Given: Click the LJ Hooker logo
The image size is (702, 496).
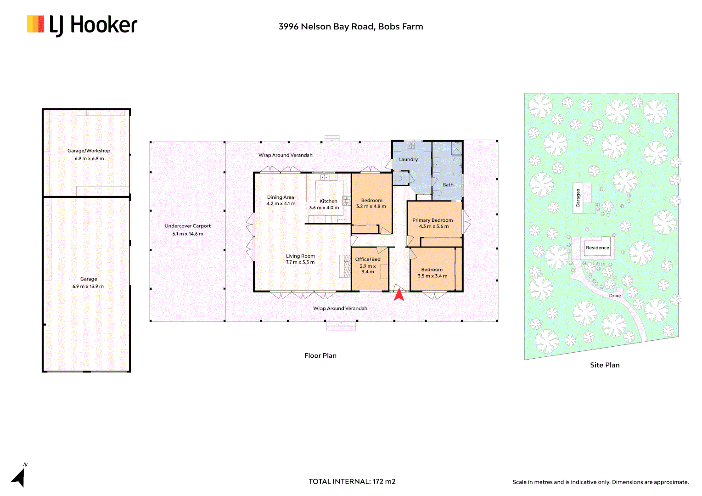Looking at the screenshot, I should click(x=82, y=25).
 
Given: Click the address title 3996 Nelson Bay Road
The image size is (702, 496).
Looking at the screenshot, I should click(x=350, y=27).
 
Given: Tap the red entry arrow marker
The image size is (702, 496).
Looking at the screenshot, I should click(x=399, y=294).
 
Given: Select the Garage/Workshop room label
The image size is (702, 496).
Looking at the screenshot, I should click(x=89, y=151).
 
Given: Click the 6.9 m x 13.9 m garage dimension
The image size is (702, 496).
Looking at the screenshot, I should click(x=88, y=287).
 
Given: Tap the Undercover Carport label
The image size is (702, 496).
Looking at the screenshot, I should click(x=187, y=226).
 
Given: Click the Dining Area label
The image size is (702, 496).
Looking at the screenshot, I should click(x=281, y=197).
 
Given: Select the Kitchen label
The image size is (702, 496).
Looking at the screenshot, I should click(x=328, y=201).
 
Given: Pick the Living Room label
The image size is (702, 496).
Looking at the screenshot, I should click(x=300, y=256).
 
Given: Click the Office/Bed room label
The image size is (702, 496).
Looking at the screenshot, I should click(x=368, y=259).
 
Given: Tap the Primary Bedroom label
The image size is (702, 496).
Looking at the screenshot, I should click(x=432, y=220).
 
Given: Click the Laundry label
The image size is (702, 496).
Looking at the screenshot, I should click(x=408, y=160).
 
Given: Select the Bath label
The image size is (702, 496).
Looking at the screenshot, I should click(x=448, y=185).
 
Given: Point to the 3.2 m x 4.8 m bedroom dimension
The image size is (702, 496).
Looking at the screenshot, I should click(x=371, y=207).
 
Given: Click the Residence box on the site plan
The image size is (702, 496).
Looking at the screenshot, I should click(x=597, y=248).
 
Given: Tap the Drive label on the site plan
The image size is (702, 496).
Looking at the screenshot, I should click(x=615, y=296).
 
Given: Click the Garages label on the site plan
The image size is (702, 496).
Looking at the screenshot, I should click(x=578, y=198).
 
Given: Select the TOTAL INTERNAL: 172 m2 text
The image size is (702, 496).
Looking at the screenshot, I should click(x=352, y=481).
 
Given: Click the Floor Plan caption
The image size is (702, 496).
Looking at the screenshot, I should click(x=320, y=355).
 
